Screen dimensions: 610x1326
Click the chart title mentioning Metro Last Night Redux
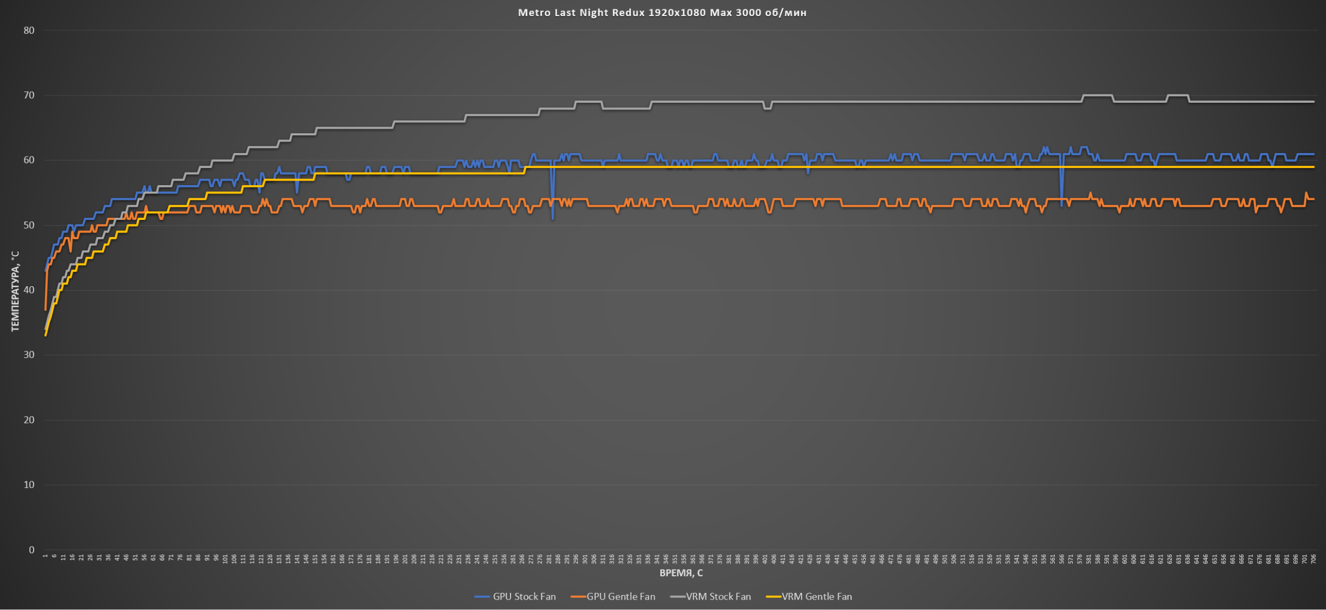pos(662,13)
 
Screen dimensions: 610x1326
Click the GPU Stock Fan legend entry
pos(524,597)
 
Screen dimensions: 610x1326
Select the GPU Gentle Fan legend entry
pos(620,597)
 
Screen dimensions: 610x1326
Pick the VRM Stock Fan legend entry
pos(718,597)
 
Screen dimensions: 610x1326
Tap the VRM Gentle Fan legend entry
pos(816,597)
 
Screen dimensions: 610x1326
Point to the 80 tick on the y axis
pos(29,30)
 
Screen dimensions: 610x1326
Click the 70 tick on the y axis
pos(29,96)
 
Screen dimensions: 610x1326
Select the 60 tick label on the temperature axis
pos(29,160)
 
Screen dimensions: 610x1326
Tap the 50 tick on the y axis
pos(29,225)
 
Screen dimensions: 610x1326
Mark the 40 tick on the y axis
pos(29,290)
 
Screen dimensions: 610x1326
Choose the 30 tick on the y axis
pos(29,355)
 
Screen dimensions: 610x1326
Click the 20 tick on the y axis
pos(29,420)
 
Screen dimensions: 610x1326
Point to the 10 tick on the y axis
pos(29,485)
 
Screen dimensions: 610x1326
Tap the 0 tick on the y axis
pos(31,550)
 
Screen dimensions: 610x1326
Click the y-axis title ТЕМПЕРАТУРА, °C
pos(15,291)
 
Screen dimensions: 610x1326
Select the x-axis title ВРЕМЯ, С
pos(681,573)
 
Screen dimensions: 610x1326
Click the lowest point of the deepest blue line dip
pos(552,219)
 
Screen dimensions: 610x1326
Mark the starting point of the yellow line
pos(45,335)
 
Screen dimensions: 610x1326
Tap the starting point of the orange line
pos(45,309)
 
